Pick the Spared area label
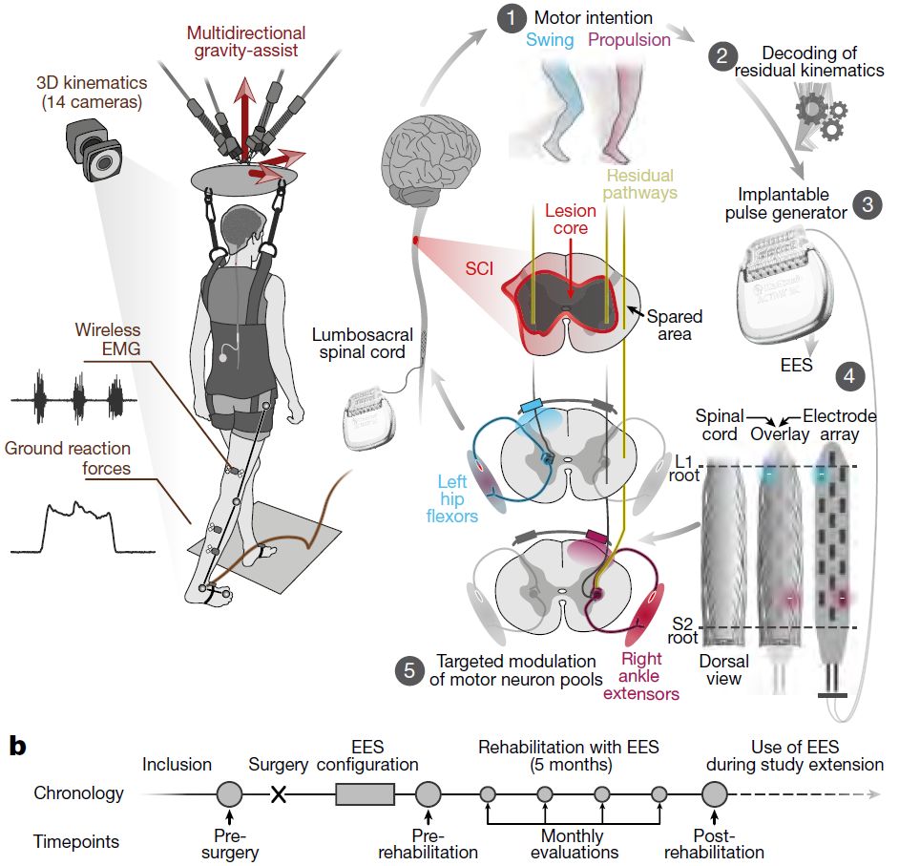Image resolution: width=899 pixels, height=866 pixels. pyautogui.click(x=674, y=325)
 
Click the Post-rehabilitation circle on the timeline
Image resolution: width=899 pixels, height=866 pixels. pyautogui.click(x=715, y=794)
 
